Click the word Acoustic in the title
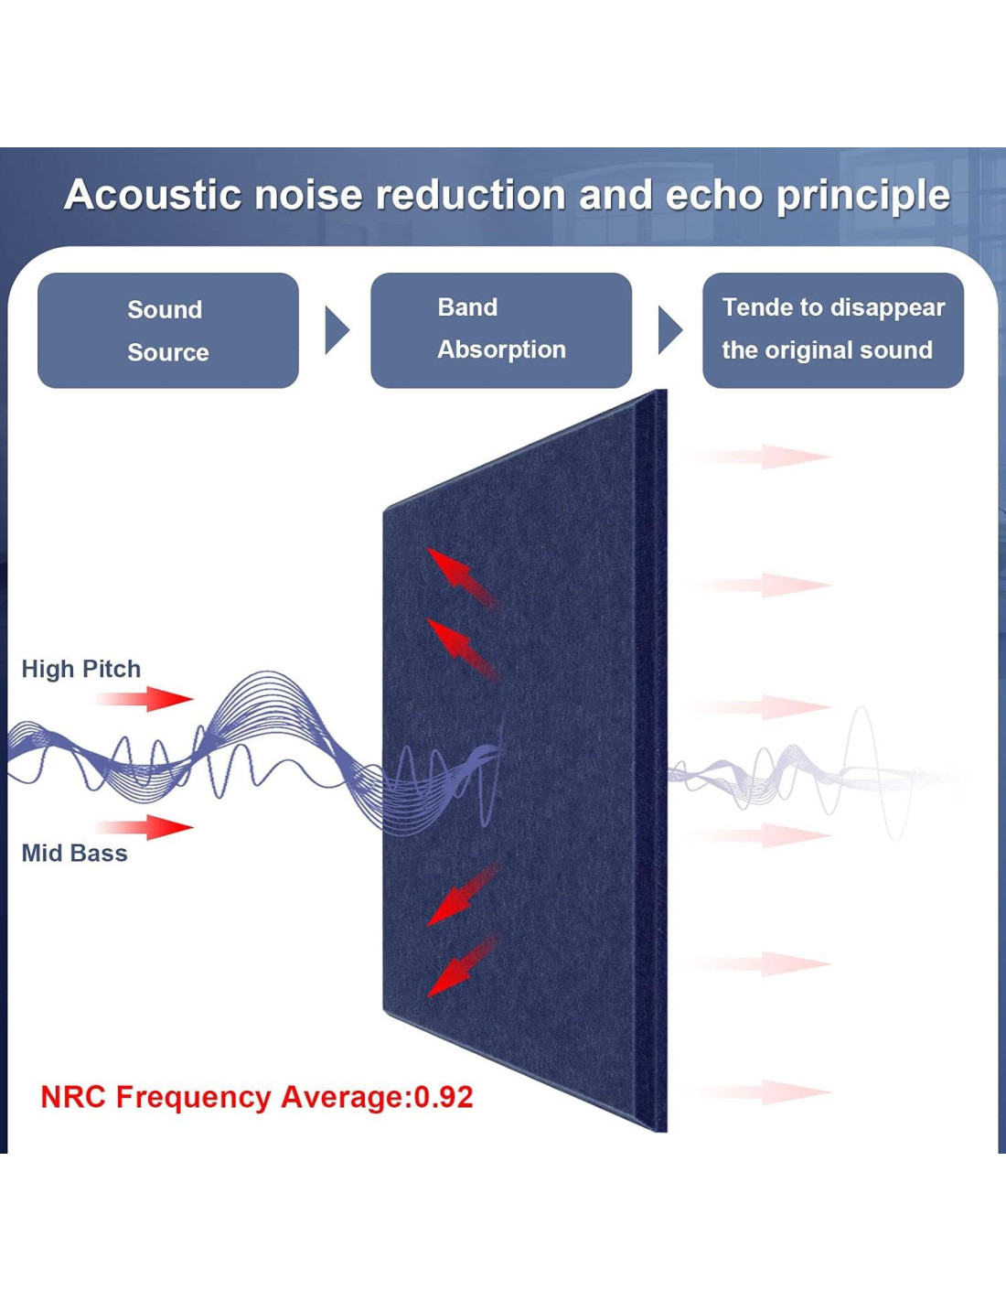(x=153, y=195)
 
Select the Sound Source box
(x=168, y=330)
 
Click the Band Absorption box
(x=501, y=330)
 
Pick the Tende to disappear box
(x=833, y=330)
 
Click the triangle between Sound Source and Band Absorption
(x=337, y=330)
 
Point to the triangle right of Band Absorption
(x=669, y=330)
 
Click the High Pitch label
(x=81, y=669)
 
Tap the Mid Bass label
(x=75, y=854)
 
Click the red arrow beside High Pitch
(x=144, y=699)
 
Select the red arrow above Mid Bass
(x=144, y=827)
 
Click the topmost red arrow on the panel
(x=462, y=577)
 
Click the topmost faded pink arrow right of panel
(x=760, y=457)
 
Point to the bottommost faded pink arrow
(x=760, y=1092)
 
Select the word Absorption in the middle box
(x=501, y=350)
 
